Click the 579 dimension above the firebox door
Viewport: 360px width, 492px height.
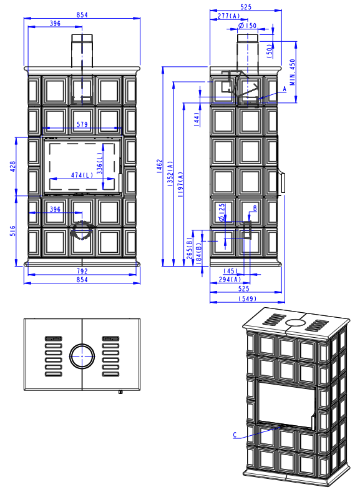pos(82,124)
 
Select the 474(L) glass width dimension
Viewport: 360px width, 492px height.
pos(82,175)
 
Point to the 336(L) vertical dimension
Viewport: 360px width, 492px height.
pos(99,163)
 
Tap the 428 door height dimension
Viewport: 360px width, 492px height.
pos(12,166)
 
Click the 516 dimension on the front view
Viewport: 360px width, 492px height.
pos(12,230)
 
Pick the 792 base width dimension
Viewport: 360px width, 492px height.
pos(82,271)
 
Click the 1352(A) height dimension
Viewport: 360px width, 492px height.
pos(170,174)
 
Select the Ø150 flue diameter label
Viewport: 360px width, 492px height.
pos(247,26)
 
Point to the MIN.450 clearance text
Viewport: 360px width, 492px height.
pos(293,72)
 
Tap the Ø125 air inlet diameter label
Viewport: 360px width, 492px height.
pos(221,212)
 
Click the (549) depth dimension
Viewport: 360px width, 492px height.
pos(248,298)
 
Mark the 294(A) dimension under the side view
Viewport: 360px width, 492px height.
pos(230,279)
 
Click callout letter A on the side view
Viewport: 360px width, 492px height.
pos(285,89)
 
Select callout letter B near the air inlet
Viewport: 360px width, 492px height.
pos(255,209)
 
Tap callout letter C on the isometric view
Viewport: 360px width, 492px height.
pos(235,435)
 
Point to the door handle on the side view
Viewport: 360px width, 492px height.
pos(283,182)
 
